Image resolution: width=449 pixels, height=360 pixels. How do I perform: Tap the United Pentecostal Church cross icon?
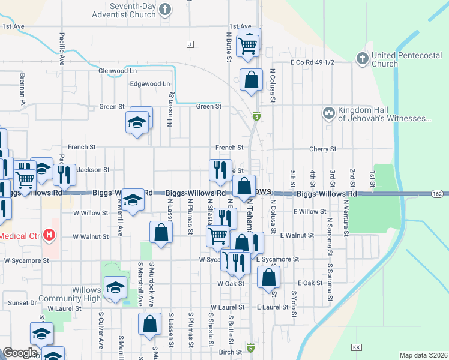pyautogui.click(x=362, y=58)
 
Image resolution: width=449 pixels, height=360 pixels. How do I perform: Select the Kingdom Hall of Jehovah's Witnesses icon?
pyautogui.click(x=328, y=113)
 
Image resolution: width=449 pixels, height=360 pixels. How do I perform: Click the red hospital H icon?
pyautogui.click(x=50, y=236)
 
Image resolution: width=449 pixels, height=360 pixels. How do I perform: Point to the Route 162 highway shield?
pyautogui.click(x=438, y=193)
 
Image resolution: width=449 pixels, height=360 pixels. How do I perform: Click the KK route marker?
pyautogui.click(x=356, y=347)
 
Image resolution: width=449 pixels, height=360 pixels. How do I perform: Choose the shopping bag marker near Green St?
pyautogui.click(x=251, y=80)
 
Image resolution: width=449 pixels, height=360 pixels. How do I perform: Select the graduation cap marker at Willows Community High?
pyautogui.click(x=115, y=288)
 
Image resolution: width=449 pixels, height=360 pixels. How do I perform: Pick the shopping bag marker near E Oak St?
pyautogui.click(x=268, y=277)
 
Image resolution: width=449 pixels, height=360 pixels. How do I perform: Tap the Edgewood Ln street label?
pyautogui.click(x=150, y=84)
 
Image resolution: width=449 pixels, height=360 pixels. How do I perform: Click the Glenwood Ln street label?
pyautogui.click(x=118, y=70)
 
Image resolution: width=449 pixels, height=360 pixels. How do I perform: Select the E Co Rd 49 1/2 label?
pyautogui.click(x=312, y=62)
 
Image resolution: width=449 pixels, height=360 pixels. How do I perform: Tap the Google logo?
pyautogui.click(x=19, y=353)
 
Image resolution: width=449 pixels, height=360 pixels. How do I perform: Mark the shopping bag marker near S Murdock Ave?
pyautogui.click(x=149, y=324)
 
